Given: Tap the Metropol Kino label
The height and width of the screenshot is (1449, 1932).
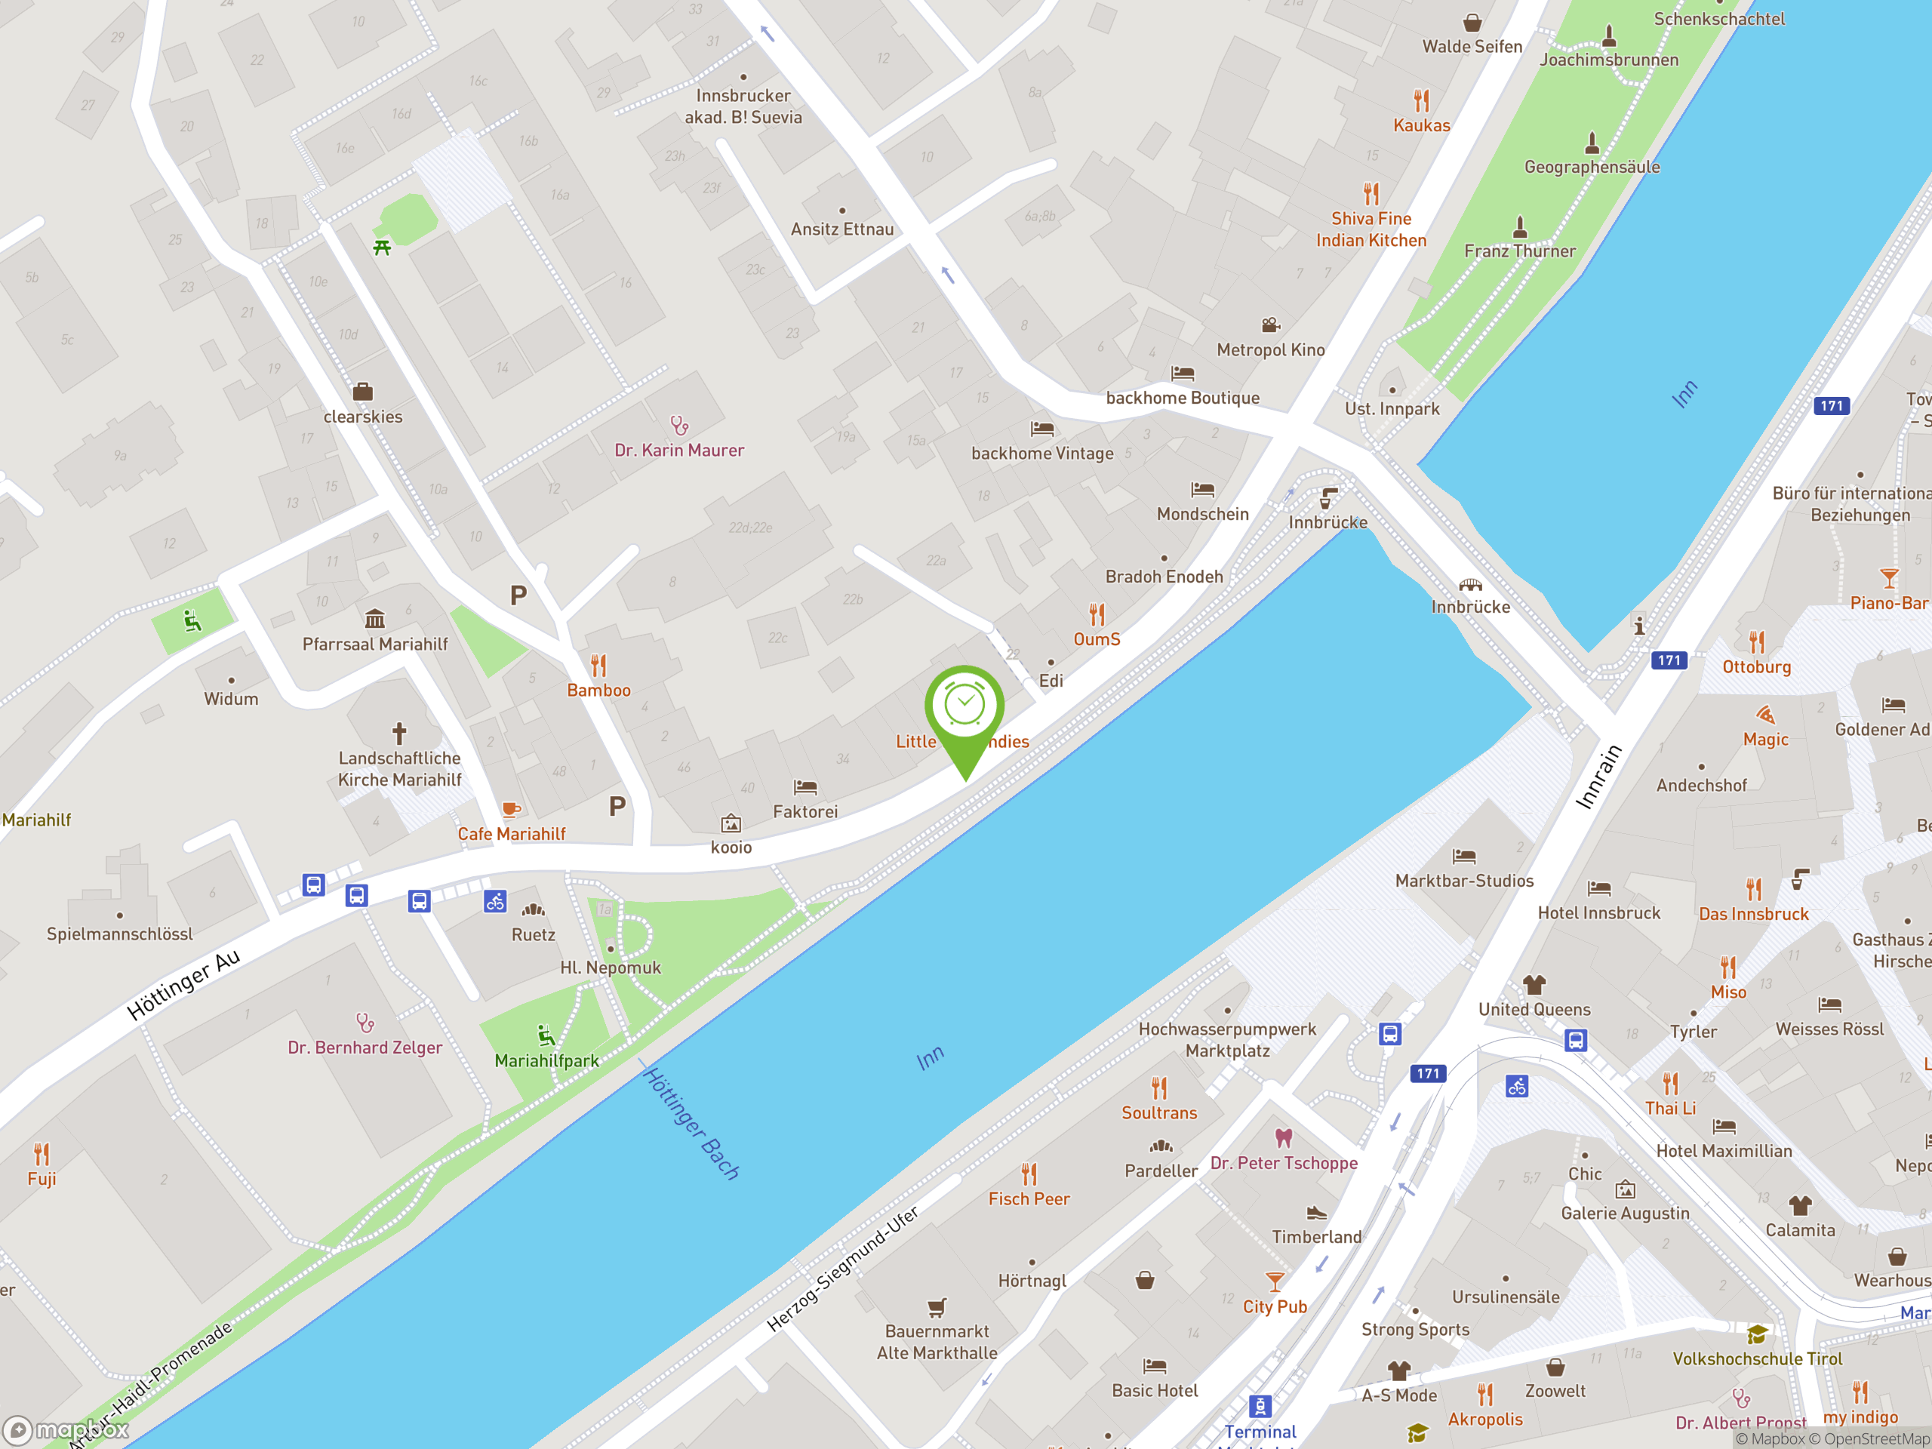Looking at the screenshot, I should point(1270,350).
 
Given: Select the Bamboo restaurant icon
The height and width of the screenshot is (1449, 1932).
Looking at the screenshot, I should point(598,666).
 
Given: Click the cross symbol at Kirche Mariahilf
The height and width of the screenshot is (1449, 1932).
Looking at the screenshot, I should point(399,732).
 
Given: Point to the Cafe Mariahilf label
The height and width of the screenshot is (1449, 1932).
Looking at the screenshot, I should point(511,834).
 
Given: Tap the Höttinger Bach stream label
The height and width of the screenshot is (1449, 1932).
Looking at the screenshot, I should point(692,1123).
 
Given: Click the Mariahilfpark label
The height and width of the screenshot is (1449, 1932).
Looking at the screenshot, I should point(546,1060).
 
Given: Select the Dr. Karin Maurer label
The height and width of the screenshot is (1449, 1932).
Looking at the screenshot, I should point(678,451).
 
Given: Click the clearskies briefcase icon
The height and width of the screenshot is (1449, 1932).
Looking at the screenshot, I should point(362,391).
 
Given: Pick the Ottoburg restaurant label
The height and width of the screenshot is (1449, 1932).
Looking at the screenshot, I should point(1756,667).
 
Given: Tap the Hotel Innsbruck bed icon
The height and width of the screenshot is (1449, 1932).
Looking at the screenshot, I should point(1598,888).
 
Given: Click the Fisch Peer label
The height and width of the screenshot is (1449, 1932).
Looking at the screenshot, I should point(1029,1199).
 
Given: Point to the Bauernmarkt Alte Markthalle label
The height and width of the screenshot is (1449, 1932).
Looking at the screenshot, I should point(937,1342).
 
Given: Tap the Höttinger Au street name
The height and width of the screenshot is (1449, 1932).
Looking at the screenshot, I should point(183,985).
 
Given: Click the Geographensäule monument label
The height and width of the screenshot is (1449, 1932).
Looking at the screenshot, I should point(1592,167).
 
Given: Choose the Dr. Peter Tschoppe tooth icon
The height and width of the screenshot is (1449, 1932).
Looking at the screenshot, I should point(1283,1138).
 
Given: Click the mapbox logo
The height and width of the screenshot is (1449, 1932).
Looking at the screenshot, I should point(66,1430).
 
